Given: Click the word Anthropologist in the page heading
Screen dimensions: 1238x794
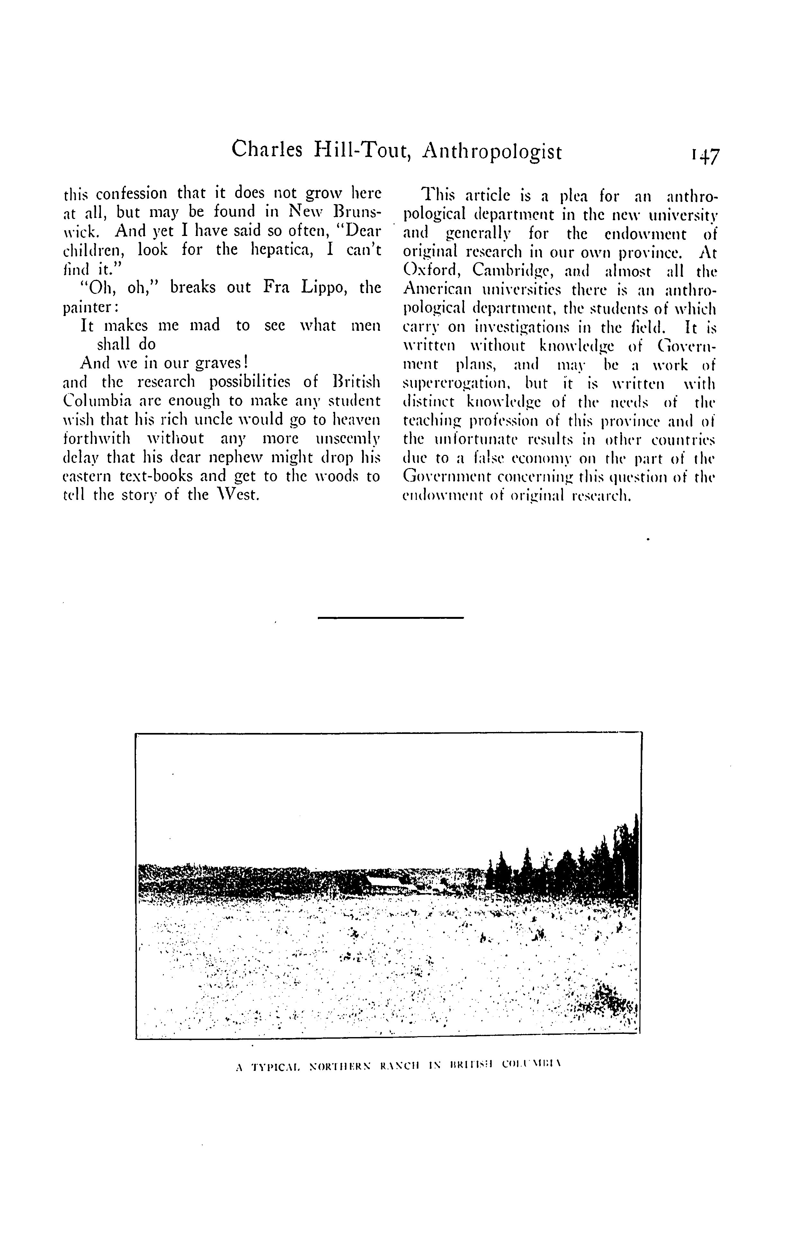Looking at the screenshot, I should (492, 151).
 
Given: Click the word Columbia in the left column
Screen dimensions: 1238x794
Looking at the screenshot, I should (93, 401).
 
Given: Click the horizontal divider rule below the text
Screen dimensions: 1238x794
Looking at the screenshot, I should (391, 618).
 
